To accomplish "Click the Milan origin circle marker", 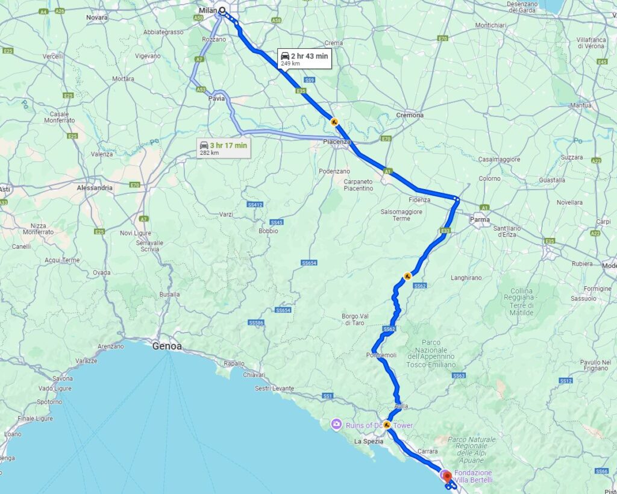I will [222, 10].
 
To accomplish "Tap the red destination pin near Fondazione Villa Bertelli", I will [447, 477].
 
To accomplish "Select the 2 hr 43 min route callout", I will [304, 58].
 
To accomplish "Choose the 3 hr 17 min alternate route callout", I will [224, 148].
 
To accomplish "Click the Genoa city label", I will [166, 346].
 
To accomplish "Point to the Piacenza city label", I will [337, 142].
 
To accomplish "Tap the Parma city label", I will [481, 219].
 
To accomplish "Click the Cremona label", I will [410, 115].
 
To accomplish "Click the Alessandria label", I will [95, 188].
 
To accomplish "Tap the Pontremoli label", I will [381, 355].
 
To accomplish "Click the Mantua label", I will [581, 105].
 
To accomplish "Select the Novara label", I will [97, 17].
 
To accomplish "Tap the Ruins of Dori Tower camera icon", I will [336, 425].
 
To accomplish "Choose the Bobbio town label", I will [268, 231].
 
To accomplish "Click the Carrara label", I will [428, 451].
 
